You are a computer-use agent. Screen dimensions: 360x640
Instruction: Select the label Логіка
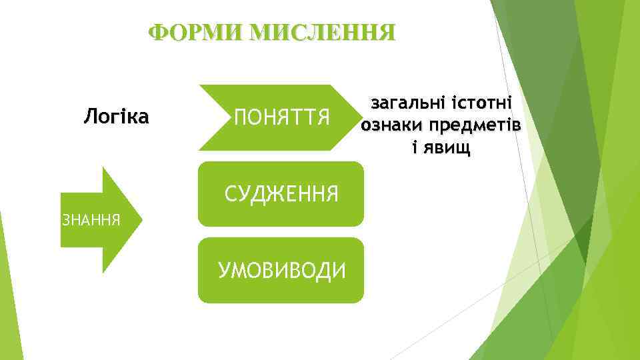click(116, 118)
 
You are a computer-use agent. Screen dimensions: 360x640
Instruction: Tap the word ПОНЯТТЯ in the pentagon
click(282, 119)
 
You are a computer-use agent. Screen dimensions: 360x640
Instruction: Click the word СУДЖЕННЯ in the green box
click(281, 194)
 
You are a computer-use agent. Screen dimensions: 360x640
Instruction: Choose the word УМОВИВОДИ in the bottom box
click(282, 271)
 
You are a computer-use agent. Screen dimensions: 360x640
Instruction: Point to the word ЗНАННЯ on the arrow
click(91, 219)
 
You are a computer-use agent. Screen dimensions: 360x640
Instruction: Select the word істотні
click(481, 103)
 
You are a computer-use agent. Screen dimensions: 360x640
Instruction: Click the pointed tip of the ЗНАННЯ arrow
click(141, 219)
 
